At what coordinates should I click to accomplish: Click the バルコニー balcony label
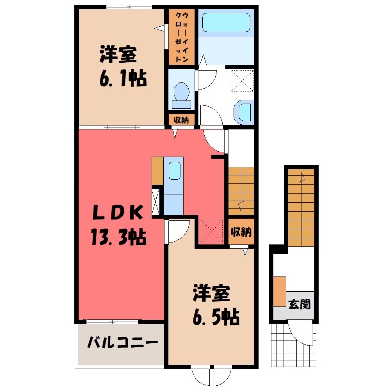point(123,342)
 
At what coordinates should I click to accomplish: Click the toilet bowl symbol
point(181,92)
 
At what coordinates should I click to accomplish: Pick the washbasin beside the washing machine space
point(243,111)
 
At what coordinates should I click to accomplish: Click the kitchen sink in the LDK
point(174,171)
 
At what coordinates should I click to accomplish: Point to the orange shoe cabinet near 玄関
point(280,291)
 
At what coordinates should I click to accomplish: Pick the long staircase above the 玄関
point(301,205)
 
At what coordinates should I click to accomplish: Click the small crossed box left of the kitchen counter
point(156,200)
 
